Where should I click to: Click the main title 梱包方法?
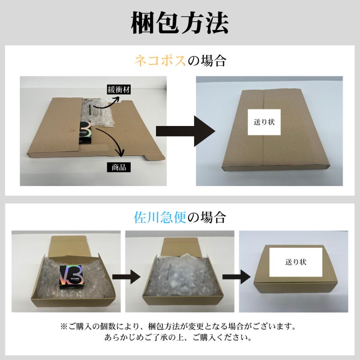point(180,24)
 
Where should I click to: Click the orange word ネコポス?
point(160,61)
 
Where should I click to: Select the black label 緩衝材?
point(117,90)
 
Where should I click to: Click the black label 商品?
point(116,167)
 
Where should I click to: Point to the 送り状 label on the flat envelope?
point(264,121)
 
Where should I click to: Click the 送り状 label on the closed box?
point(296,262)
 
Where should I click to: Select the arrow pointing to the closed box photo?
point(236,277)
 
